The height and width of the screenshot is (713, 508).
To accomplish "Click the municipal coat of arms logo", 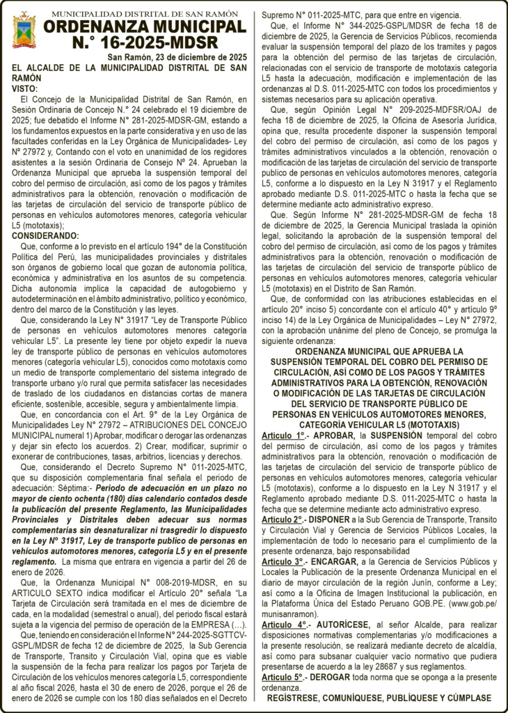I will [24, 29].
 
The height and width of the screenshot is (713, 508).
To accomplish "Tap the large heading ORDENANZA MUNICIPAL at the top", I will [145, 26].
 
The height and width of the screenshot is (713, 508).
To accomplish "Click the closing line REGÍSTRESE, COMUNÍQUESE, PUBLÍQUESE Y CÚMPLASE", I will [379, 698].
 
